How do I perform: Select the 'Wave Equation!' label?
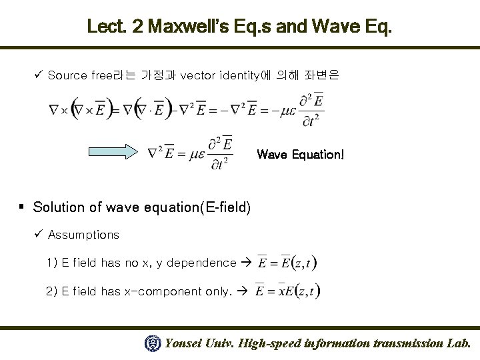click(301, 155)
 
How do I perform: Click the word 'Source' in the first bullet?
click(67, 75)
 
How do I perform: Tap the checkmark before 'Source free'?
click(39, 74)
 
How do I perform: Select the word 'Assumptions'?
click(83, 235)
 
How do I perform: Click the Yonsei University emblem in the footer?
click(152, 344)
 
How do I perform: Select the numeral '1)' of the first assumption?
click(53, 262)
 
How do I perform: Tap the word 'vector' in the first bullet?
click(198, 75)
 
